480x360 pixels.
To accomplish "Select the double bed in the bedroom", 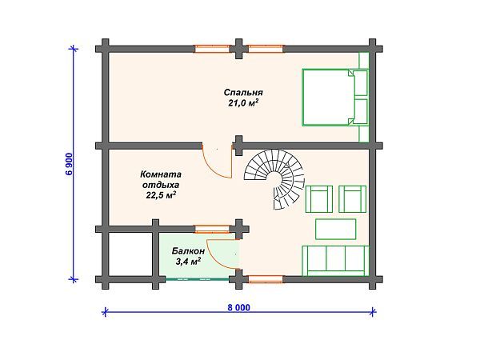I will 327,97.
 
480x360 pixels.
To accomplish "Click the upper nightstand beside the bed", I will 360,82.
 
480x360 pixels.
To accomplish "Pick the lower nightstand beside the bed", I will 360,112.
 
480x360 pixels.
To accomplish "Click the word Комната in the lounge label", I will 160,173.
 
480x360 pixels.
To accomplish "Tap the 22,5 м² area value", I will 160,194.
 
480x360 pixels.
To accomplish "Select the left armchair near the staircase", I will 321,198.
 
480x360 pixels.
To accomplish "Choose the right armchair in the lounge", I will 353,198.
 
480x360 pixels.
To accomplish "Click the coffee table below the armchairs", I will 337,229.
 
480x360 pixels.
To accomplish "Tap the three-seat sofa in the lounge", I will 335,260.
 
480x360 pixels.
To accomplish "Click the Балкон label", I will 189,250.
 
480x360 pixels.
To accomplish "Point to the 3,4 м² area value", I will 189,261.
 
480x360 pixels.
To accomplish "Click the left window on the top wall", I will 212,48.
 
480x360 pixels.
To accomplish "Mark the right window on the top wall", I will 266,48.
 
